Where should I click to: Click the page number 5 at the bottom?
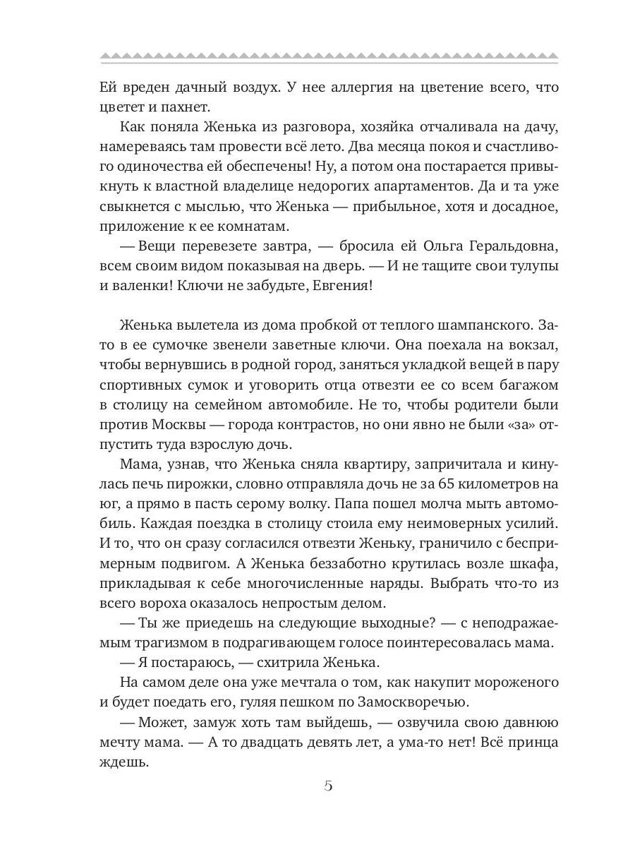pos(328,787)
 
